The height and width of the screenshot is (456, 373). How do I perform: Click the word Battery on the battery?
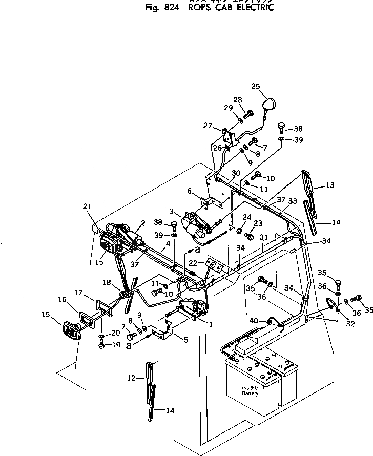tap(251, 393)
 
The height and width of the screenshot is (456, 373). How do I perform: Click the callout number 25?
tap(256, 86)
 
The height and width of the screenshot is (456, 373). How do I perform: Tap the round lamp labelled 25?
tap(269, 105)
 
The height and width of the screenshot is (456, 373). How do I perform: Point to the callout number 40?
tap(254, 321)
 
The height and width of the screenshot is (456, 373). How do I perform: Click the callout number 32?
tap(337, 324)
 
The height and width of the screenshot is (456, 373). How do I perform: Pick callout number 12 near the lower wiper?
tap(131, 378)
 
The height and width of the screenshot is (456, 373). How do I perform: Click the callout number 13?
tap(329, 186)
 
